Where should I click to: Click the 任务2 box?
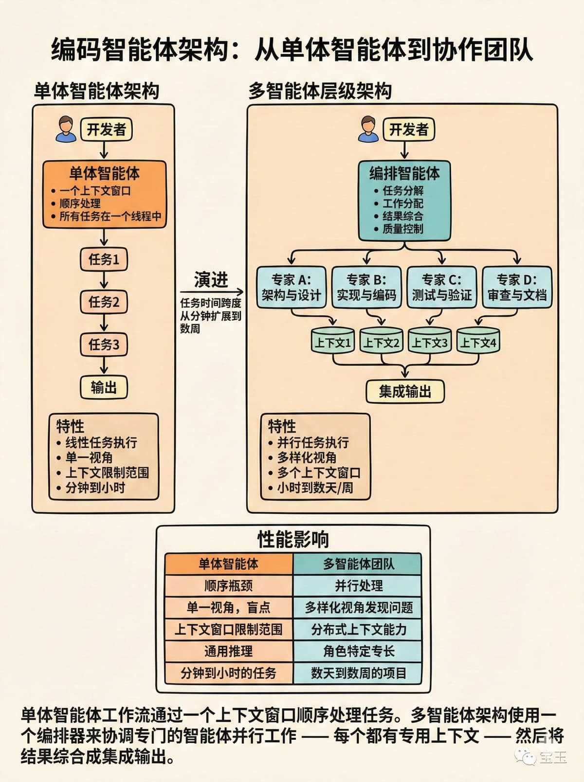click(104, 302)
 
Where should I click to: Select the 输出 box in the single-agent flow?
click(104, 387)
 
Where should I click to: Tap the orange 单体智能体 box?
click(104, 194)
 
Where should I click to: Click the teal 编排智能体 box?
click(404, 201)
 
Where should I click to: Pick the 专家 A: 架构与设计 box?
click(291, 287)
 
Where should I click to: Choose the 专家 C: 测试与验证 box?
click(441, 287)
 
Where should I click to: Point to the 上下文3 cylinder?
click(430, 342)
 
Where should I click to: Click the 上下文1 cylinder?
click(333, 342)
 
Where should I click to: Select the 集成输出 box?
click(405, 391)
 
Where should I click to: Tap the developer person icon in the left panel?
click(66, 129)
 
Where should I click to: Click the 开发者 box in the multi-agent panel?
click(408, 129)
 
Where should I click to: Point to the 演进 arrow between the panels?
click(211, 292)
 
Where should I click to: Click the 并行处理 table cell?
click(358, 586)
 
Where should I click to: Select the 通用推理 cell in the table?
click(229, 651)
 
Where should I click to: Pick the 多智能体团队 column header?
click(358, 564)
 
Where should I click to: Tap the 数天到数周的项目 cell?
click(358, 673)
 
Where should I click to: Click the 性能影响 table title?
click(293, 539)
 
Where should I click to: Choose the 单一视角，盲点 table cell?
click(229, 607)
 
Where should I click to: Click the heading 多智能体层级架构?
click(320, 91)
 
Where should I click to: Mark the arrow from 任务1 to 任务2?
click(104, 280)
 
